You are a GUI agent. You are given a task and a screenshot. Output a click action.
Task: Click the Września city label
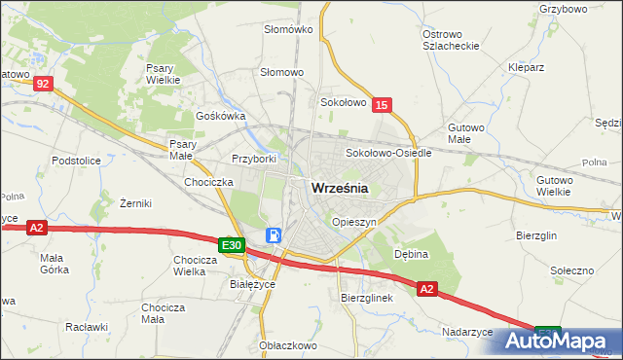339,190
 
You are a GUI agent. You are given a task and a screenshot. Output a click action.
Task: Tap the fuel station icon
275,235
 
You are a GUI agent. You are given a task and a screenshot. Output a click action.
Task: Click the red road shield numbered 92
41,85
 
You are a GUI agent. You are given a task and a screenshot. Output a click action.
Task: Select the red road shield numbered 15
382,105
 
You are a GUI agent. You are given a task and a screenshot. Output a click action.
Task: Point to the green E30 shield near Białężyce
231,246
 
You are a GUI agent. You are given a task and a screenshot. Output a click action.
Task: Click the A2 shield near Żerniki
36,228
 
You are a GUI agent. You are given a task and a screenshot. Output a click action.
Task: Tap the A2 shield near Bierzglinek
428,289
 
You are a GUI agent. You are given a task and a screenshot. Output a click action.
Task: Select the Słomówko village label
288,29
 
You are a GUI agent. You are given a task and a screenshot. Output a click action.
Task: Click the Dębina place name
411,251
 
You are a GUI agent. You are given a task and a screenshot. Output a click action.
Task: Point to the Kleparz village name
524,67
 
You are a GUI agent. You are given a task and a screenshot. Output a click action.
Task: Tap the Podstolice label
77,161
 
